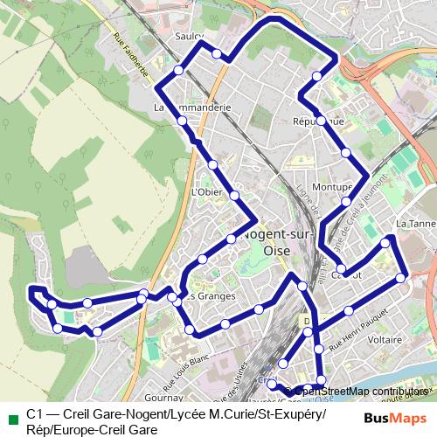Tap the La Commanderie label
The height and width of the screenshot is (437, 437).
tap(191, 108)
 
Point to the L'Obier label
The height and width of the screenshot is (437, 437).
tap(206, 191)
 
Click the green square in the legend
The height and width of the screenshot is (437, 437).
tap(11, 415)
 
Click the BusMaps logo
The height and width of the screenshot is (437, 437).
tap(395, 419)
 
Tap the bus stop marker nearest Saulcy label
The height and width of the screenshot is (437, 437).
tap(217, 54)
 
